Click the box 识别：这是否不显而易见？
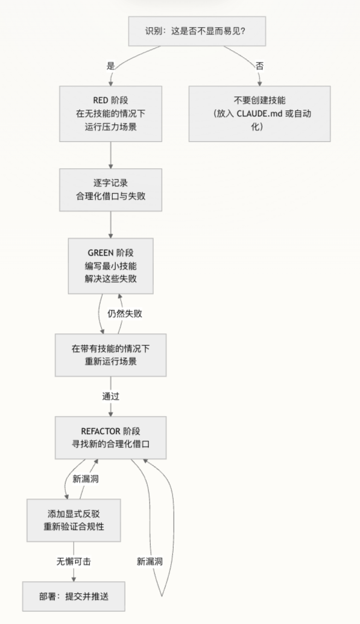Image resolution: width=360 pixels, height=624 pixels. tap(197, 31)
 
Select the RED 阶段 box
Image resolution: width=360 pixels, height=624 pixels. tap(110, 114)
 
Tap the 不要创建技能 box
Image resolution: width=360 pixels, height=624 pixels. tap(259, 114)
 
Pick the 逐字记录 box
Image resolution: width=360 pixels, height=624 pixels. tap(110, 190)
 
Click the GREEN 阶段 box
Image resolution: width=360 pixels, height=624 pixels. tap(110, 265)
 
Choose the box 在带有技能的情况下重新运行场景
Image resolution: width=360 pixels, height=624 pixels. tap(110, 355)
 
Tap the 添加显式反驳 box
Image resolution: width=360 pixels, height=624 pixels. tap(74, 520)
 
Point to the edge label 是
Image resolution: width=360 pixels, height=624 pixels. tap(110, 66)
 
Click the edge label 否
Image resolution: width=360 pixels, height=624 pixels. tap(259, 66)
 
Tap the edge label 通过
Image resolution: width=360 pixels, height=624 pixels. tap(110, 396)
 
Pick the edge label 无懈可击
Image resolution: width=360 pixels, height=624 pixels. tap(74, 561)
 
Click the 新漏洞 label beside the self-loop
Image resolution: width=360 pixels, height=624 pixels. tap(150, 561)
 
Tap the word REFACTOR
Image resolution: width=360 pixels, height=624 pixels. tap(99, 430)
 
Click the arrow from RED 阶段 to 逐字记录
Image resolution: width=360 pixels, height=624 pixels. tap(110, 155)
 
